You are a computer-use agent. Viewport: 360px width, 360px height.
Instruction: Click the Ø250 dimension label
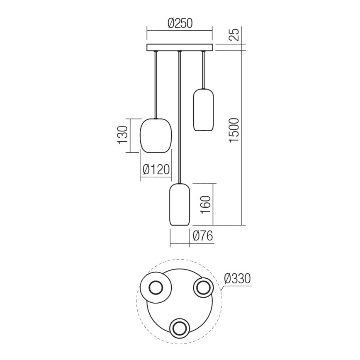pyautogui.click(x=180, y=23)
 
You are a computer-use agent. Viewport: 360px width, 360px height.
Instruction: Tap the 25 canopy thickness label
pyautogui.click(x=234, y=35)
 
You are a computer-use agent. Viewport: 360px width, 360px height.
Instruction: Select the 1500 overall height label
pyautogui.click(x=234, y=130)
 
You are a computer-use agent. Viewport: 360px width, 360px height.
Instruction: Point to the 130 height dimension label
pyautogui.click(x=123, y=135)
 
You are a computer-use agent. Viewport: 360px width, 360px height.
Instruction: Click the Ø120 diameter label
pyautogui.click(x=156, y=170)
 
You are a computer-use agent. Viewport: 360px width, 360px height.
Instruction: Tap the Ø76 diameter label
pyautogui.click(x=203, y=236)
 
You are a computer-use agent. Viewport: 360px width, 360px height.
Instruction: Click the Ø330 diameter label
pyautogui.click(x=237, y=279)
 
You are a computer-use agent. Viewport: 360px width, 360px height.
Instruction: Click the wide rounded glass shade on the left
pyautogui.click(x=156, y=135)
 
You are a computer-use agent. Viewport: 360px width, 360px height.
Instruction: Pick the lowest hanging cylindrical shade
pyautogui.click(x=179, y=205)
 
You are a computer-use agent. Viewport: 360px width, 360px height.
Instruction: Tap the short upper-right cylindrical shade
pyautogui.click(x=203, y=109)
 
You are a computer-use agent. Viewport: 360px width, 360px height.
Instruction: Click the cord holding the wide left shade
pyautogui.click(x=156, y=85)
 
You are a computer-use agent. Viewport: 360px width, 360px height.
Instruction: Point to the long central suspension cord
pyautogui.click(x=179, y=116)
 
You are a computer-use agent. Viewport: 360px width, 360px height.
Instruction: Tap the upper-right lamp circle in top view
pyautogui.click(x=203, y=287)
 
